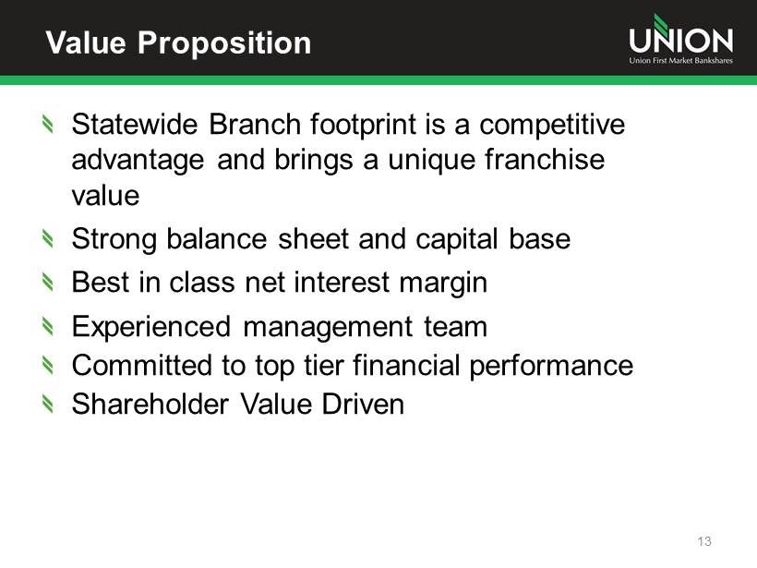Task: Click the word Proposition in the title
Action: (x=224, y=44)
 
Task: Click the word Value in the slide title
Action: (x=86, y=42)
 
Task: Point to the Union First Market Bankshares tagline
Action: (x=680, y=60)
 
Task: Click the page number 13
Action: (x=704, y=541)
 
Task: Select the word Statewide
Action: (x=135, y=124)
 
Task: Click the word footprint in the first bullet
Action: (x=363, y=125)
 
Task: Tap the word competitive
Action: (x=552, y=125)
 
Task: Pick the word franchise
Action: (x=545, y=160)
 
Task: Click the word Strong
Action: (x=114, y=240)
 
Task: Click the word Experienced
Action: (x=151, y=328)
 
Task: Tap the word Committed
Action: (x=141, y=365)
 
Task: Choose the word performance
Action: (x=551, y=367)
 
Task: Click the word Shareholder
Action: (x=150, y=404)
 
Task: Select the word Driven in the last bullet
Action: (x=363, y=404)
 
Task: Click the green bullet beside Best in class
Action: (x=47, y=282)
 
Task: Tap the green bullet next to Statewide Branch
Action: (x=47, y=124)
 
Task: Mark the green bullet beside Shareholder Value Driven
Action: (x=47, y=404)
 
